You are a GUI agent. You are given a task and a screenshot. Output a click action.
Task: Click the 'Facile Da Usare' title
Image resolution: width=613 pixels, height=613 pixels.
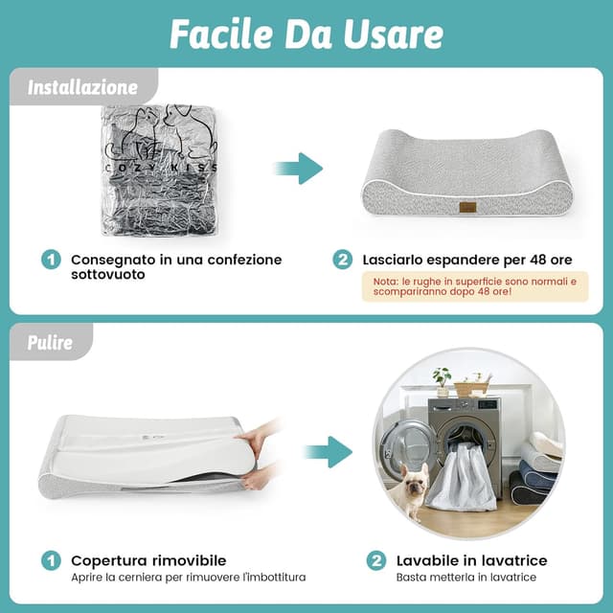pos(306,34)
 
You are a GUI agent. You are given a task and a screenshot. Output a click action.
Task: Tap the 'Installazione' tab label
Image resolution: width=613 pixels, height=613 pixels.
pos(82,87)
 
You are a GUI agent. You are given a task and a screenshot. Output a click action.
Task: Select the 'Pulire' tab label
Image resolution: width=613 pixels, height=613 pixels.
pos(50,343)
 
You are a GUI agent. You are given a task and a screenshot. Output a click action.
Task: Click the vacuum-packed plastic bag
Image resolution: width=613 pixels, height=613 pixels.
pos(159,170)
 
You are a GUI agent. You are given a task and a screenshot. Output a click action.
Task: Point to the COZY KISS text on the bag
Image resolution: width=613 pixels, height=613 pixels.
pos(161,168)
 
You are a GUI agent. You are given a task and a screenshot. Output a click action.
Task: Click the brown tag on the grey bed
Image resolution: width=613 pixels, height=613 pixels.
pos(467,207)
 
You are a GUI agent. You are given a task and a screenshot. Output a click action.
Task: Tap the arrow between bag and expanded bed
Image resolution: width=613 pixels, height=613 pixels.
pos(299,169)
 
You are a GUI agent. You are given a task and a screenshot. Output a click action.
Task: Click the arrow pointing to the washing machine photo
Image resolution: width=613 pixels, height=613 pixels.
pos(328,452)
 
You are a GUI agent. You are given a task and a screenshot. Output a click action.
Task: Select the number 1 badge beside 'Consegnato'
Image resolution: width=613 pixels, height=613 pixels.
pos(51,260)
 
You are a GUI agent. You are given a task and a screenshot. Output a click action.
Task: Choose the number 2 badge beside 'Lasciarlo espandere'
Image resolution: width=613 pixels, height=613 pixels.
pos(343,260)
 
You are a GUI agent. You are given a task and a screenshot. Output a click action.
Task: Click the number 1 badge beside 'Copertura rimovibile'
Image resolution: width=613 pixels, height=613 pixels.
pos(51,560)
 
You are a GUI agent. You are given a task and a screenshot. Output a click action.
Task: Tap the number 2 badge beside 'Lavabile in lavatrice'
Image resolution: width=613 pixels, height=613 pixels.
pos(376,560)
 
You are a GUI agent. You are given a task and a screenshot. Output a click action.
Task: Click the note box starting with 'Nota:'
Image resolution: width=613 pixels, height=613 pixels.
pos(475,286)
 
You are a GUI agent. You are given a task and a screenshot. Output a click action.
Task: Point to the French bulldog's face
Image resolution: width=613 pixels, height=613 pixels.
pos(414,484)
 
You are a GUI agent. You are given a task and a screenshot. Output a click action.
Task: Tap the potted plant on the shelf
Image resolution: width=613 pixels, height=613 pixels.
pos(443,382)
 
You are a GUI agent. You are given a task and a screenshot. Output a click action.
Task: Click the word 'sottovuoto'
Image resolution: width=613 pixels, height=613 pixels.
pos(108,275)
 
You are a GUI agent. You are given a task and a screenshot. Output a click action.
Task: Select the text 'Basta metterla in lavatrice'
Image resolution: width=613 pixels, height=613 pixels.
pos(466,577)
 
